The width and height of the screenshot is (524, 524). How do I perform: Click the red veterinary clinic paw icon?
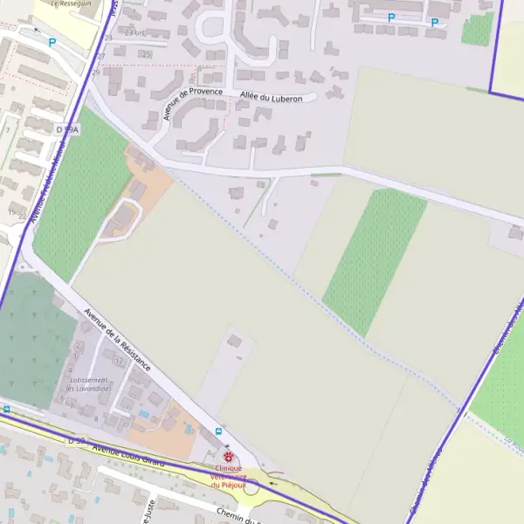229,456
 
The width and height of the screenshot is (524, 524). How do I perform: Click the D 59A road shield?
67,129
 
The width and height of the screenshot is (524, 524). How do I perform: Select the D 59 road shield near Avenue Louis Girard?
77,442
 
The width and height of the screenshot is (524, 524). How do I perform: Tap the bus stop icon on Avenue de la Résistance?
218,431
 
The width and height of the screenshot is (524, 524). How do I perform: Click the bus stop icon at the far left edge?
6,408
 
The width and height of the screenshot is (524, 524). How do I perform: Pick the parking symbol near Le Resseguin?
52,42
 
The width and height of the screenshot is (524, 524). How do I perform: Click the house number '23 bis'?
135,32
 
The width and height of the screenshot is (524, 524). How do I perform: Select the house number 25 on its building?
145,54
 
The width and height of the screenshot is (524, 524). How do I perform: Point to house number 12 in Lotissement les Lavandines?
119,361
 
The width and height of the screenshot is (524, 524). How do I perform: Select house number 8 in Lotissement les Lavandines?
96,419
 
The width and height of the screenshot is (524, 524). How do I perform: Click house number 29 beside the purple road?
96,72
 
